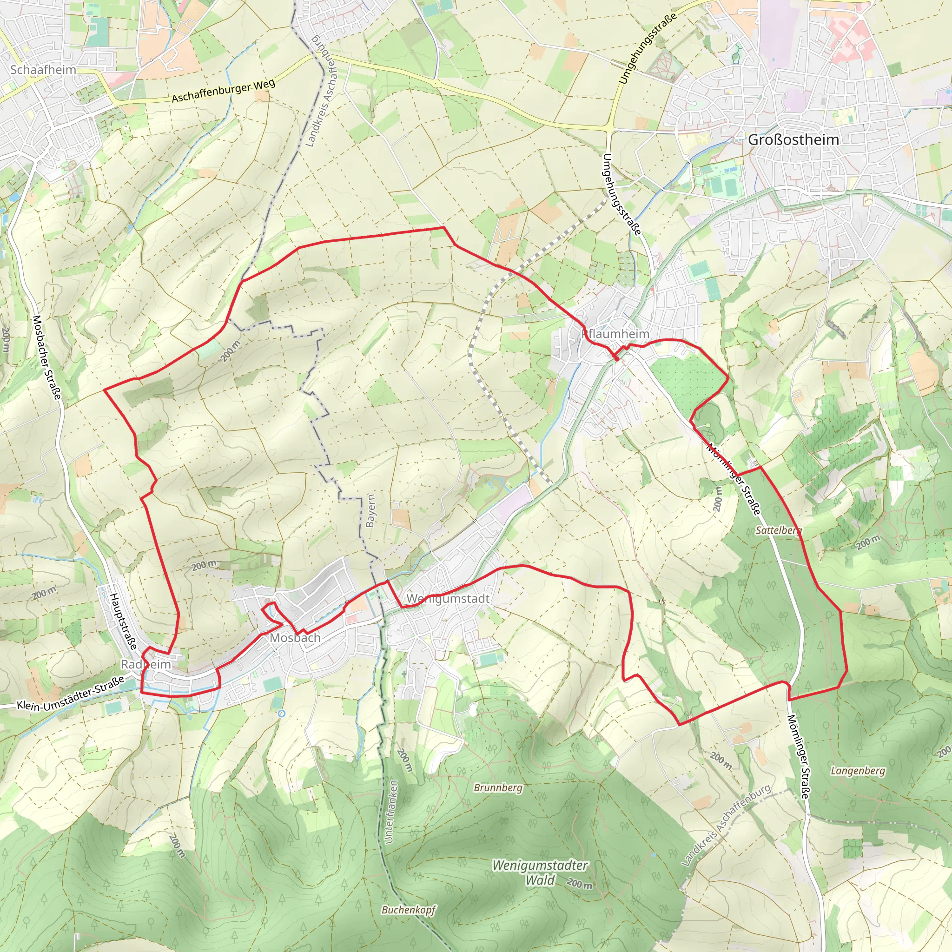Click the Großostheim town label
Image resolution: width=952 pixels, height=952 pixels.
coord(793,139)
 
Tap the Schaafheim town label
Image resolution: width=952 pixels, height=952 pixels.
coord(43,69)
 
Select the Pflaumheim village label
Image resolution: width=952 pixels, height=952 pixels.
coord(615,334)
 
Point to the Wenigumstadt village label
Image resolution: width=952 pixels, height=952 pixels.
coord(448,598)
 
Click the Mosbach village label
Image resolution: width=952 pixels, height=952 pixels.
coord(295,638)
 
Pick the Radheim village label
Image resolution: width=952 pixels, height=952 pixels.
coord(146,664)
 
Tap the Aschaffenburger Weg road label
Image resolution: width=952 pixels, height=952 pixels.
coord(223,91)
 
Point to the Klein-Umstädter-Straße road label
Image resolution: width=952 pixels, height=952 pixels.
coord(71,692)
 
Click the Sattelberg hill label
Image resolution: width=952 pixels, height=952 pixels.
coord(779,530)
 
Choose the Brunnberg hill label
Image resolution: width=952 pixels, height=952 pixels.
coord(498,787)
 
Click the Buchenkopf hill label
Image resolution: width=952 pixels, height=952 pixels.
coord(409,910)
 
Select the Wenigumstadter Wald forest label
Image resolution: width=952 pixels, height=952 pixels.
coord(540,873)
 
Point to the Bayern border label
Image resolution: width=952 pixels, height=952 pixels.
coord(370,510)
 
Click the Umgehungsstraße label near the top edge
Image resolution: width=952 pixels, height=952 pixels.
coord(647,48)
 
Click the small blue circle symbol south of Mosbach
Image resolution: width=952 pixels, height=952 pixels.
coord(281,713)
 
